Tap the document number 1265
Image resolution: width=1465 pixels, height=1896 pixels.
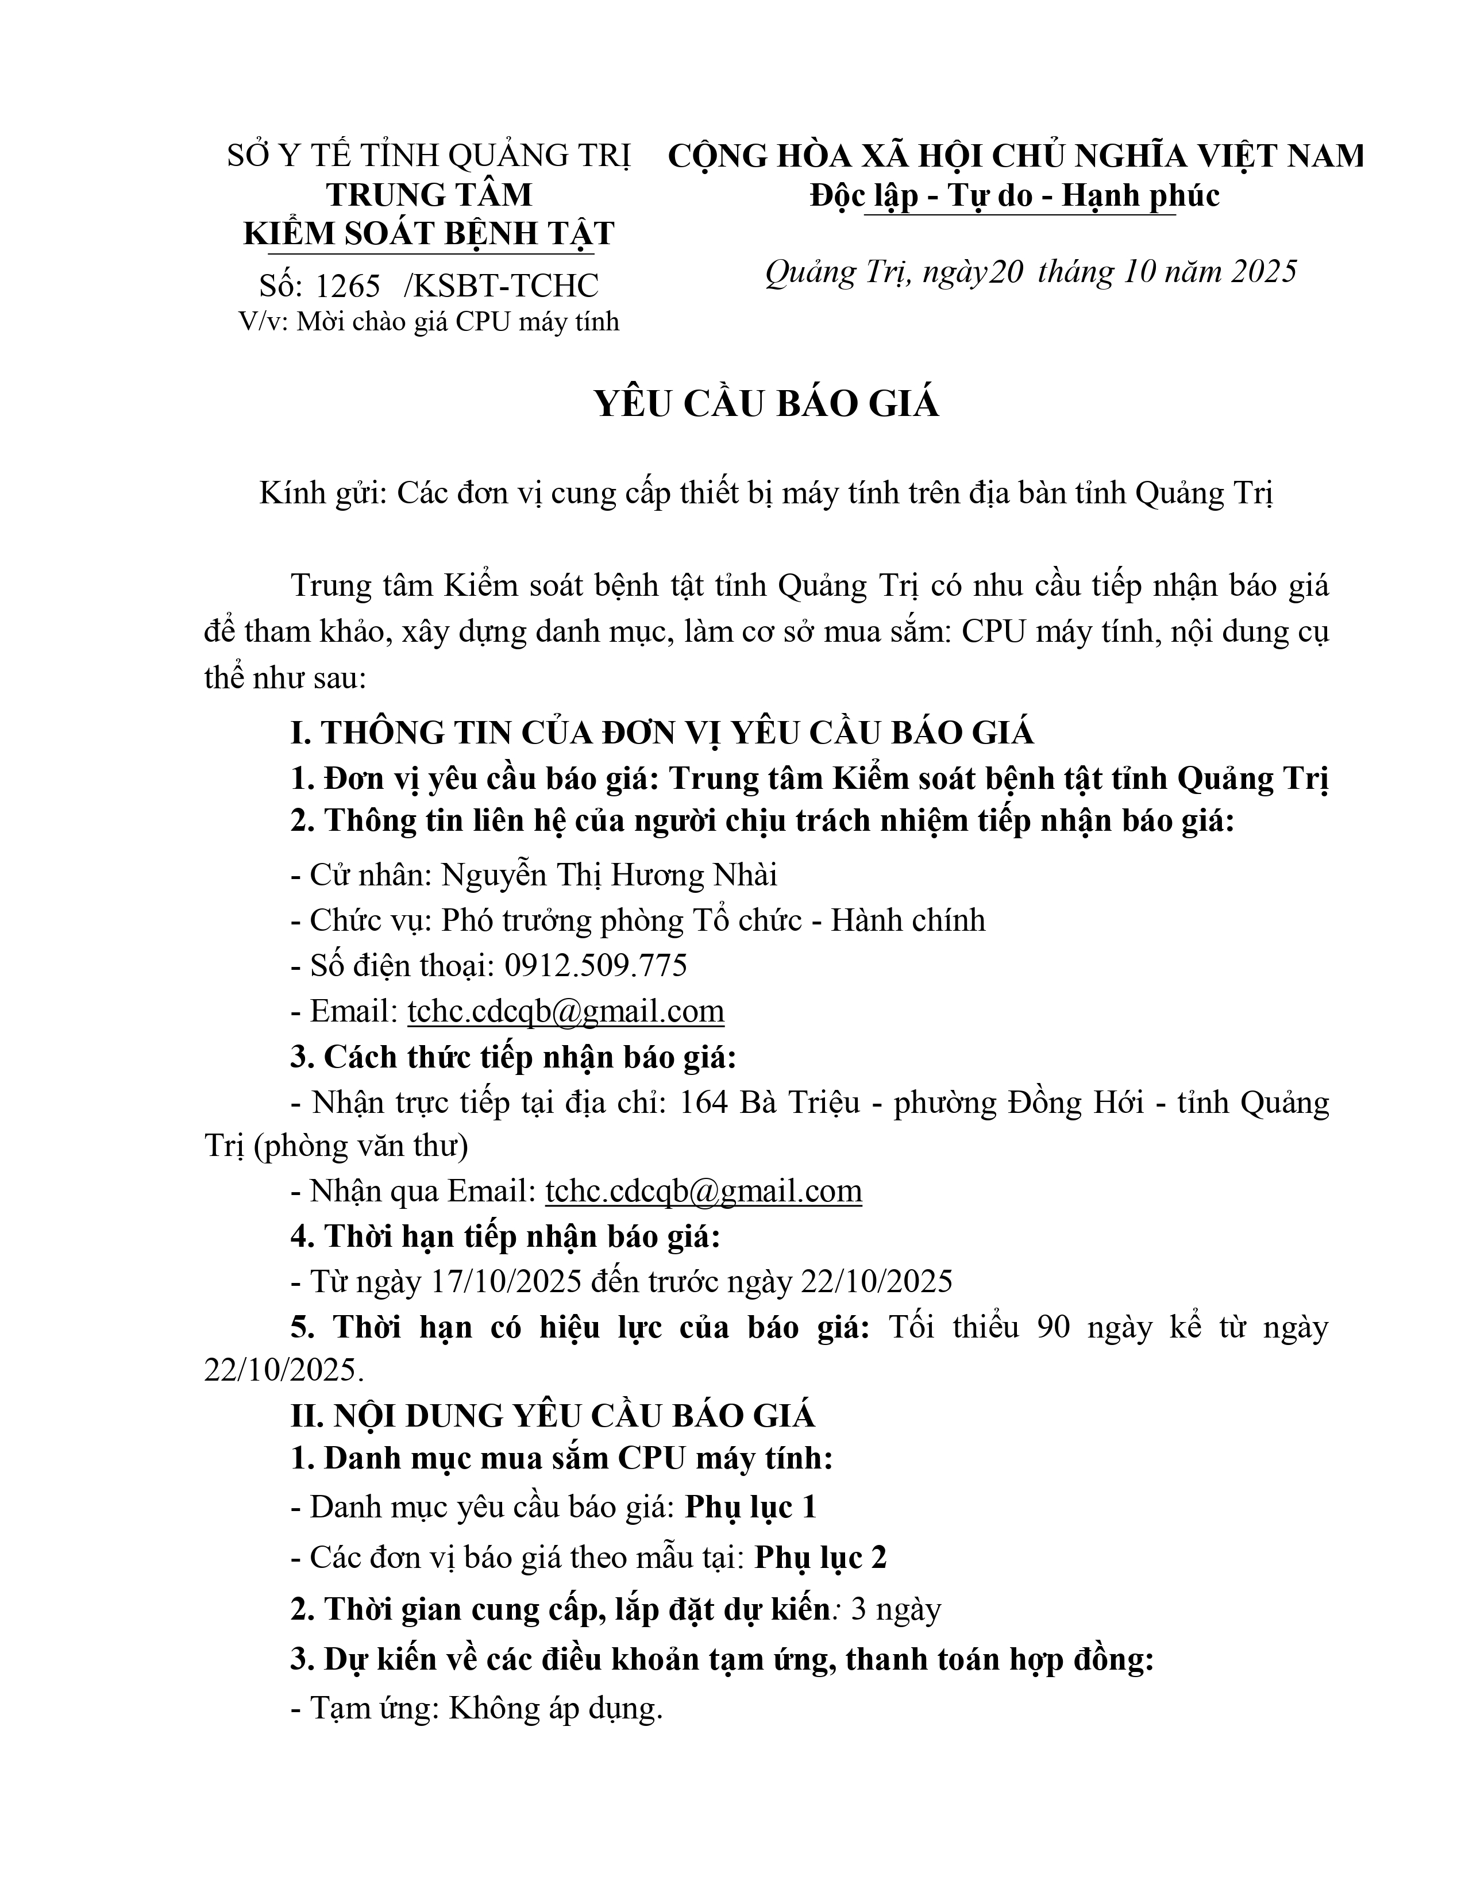tap(348, 286)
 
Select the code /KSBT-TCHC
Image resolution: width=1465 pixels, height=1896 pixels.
tap(502, 286)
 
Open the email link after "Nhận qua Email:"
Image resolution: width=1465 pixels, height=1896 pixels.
tap(704, 1190)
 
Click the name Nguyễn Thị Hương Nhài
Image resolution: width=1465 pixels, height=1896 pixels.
tap(609, 875)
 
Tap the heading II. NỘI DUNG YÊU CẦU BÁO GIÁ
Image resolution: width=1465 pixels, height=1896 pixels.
tap(553, 1416)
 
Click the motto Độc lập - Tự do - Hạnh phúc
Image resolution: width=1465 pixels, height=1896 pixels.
tap(1015, 195)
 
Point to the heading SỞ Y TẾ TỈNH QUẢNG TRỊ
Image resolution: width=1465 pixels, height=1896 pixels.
tap(429, 156)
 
